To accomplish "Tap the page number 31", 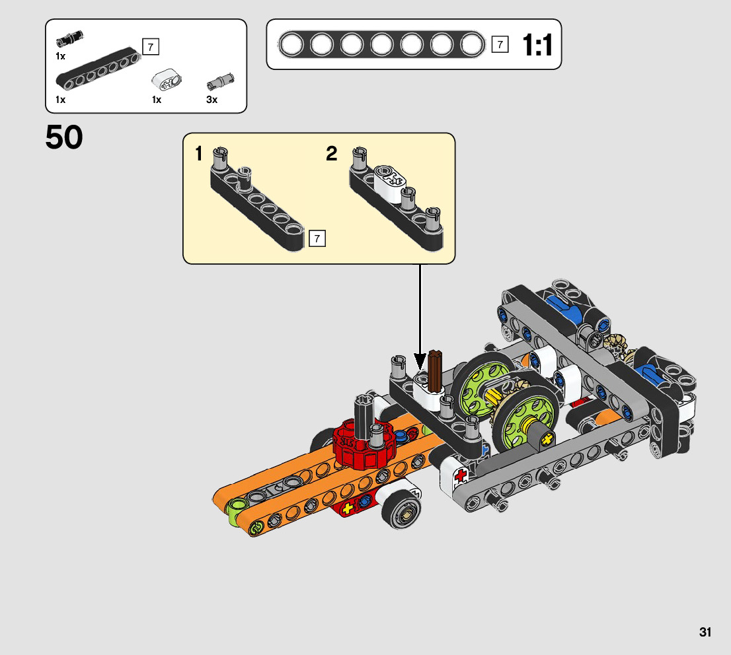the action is click(x=705, y=632).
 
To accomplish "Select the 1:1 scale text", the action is click(x=537, y=45).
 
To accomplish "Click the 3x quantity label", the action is click(x=212, y=100).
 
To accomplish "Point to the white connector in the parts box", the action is click(x=167, y=79).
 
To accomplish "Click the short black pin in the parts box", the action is click(x=69, y=39).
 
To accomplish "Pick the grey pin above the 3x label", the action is click(x=221, y=81).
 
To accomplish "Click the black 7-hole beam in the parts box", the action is click(x=98, y=68).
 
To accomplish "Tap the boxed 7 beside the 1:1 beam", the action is click(x=500, y=44).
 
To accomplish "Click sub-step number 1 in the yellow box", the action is click(x=198, y=153).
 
